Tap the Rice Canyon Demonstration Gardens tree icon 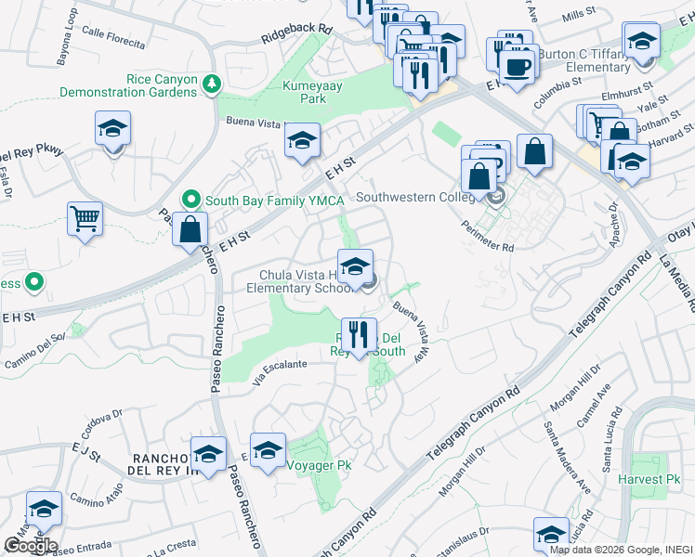point(214,84)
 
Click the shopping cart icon point(85,219)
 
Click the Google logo point(30,546)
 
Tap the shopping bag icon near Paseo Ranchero point(190,229)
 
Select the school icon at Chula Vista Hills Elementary point(354,266)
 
